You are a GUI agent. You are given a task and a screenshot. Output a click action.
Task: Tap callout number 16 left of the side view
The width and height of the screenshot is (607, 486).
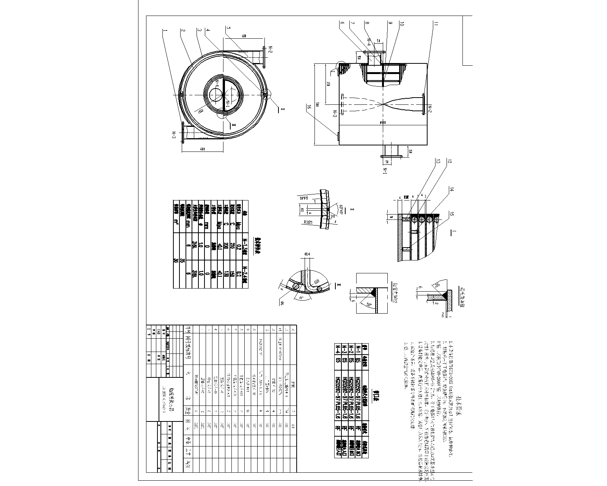tap(310, 108)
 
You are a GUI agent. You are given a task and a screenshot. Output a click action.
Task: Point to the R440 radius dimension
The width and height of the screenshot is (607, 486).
tap(303, 198)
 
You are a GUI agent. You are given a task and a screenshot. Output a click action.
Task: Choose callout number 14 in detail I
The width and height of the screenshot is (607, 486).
tap(451, 189)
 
